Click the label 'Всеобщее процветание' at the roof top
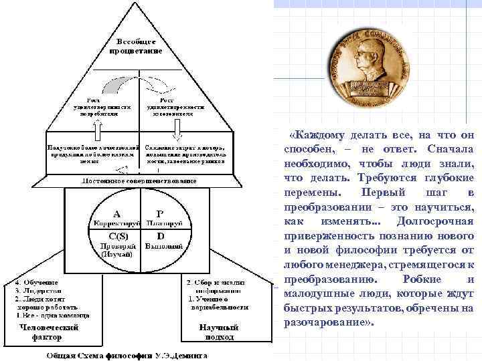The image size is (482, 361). (139, 47)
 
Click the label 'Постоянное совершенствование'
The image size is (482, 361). (139, 180)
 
